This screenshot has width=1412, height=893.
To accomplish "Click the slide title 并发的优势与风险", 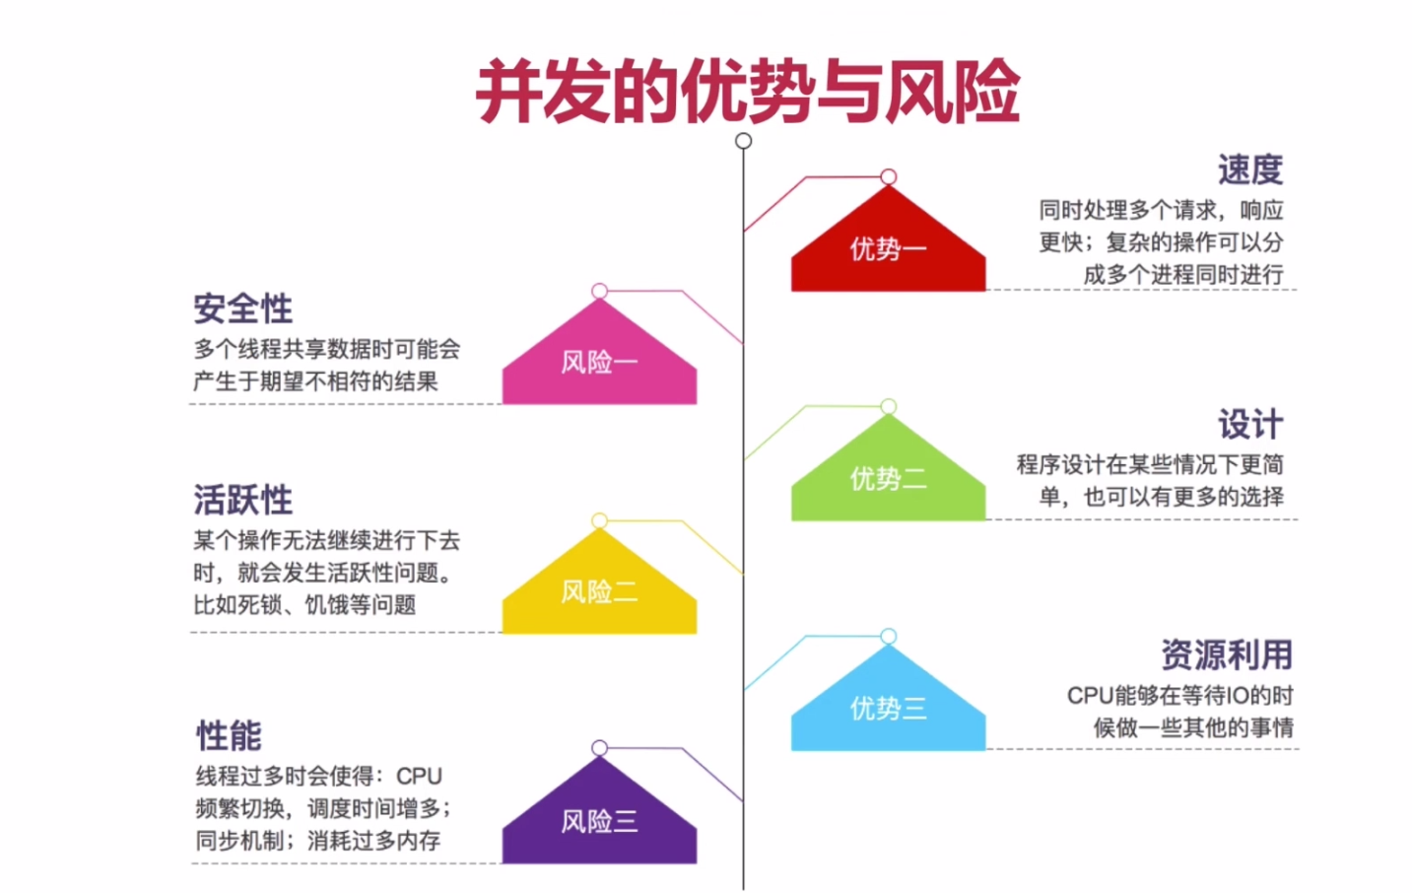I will (747, 92).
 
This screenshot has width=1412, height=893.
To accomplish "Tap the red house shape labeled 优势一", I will (888, 249).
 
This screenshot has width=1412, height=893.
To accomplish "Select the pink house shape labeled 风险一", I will (599, 362).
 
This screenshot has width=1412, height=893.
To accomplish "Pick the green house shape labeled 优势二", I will (888, 479).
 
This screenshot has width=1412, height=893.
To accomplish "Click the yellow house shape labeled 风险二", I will (599, 591).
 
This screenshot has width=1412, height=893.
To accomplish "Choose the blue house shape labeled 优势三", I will (888, 708).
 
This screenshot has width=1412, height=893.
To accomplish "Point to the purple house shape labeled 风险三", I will (599, 821).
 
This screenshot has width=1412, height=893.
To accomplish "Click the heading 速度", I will (1249, 170).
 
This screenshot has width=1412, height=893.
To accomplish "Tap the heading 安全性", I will (242, 309).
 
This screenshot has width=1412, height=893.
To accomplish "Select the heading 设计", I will (1249, 425).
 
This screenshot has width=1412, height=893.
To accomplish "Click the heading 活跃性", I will (242, 500).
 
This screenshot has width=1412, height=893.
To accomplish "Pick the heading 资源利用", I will (1226, 654).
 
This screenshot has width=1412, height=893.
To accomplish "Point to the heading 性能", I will (229, 735).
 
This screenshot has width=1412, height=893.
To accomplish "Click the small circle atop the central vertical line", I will (744, 141).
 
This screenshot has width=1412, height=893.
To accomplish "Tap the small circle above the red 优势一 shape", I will (889, 176).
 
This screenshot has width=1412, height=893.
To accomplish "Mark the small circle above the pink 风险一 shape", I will (599, 291).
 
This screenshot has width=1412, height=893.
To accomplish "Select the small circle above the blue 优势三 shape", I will (889, 636).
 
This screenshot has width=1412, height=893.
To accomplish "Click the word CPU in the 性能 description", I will (419, 777).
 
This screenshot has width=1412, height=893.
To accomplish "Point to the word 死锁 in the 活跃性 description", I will (260, 604).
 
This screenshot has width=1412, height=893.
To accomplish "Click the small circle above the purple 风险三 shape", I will (599, 748).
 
